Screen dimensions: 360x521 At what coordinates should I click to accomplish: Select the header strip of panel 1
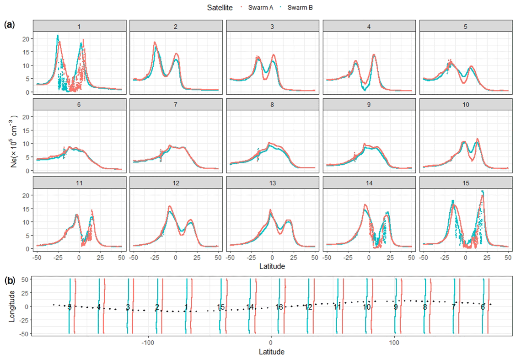[79, 26]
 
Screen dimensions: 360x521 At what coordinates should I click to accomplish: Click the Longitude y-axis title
[12, 306]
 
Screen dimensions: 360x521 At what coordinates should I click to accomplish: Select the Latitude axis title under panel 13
[273, 266]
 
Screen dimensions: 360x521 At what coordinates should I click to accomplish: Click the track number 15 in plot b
[221, 307]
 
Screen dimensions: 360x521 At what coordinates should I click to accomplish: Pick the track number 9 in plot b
[396, 307]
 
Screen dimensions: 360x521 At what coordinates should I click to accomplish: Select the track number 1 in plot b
[186, 306]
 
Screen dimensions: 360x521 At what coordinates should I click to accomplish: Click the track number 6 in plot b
[483, 307]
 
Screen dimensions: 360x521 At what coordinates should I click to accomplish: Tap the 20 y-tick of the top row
[26, 38]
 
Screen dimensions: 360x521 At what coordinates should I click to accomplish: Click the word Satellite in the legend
[222, 7]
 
